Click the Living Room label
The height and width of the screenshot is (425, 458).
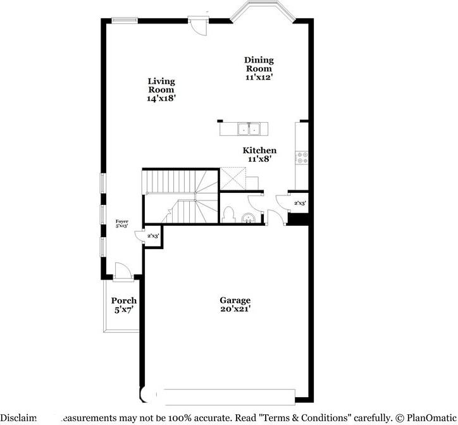tap(161, 89)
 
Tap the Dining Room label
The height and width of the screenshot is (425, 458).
tap(259, 68)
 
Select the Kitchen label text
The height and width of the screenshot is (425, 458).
tap(259, 155)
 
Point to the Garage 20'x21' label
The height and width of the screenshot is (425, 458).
tap(235, 304)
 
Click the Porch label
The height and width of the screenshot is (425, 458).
tap(124, 305)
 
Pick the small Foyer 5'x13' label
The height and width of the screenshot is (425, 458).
tap(122, 224)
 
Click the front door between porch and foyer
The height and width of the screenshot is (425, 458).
tap(123, 272)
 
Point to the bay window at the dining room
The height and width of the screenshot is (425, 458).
tap(261, 13)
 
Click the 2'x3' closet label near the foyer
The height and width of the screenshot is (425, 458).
tap(153, 236)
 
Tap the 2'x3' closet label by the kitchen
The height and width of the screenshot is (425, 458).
tap(300, 203)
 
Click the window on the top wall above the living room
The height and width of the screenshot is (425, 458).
tap(125, 20)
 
